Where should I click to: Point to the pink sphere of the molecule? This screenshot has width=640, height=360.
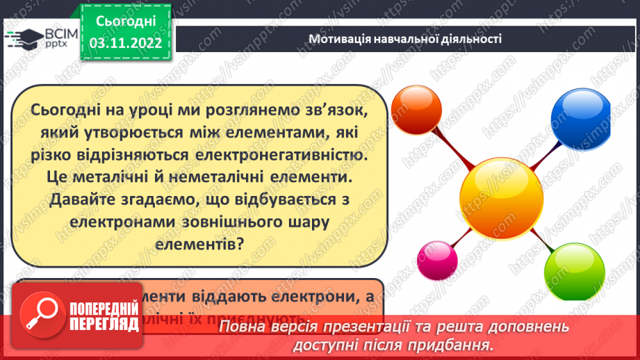[x=436, y=260]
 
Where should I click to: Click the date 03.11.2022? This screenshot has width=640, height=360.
[x=126, y=42]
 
